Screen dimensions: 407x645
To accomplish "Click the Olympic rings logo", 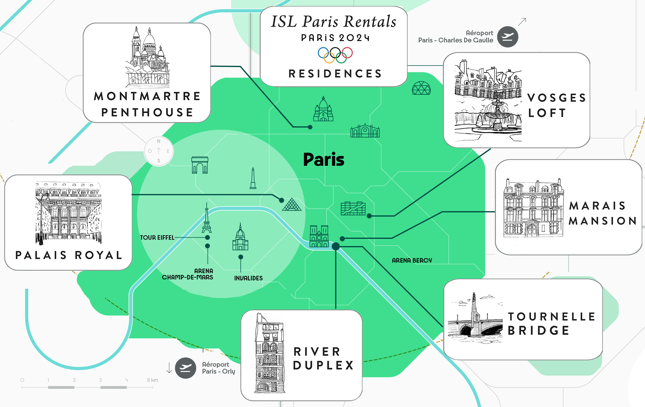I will coord(335,55).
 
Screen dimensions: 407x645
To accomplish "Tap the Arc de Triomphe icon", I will coord(200,165).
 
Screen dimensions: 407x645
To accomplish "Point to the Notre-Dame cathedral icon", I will coord(319,236).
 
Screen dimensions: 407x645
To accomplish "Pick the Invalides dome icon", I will coord(240,237).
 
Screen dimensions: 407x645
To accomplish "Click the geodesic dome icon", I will coord(421,88).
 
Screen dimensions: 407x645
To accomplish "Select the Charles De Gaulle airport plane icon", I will coord(508,37).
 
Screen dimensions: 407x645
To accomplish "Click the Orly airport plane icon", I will coord(186,368).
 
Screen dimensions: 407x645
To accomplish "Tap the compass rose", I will coord(159,151).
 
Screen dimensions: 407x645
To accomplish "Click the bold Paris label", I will coord(324,159).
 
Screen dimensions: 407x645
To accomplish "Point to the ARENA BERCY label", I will coord(412,261).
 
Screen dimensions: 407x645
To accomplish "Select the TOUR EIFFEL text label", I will coord(157,238).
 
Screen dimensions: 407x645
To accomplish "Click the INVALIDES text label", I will coord(248,278).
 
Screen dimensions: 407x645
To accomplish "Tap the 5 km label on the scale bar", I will coord(152,380).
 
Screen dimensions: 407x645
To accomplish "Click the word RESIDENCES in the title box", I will coord(335,74).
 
